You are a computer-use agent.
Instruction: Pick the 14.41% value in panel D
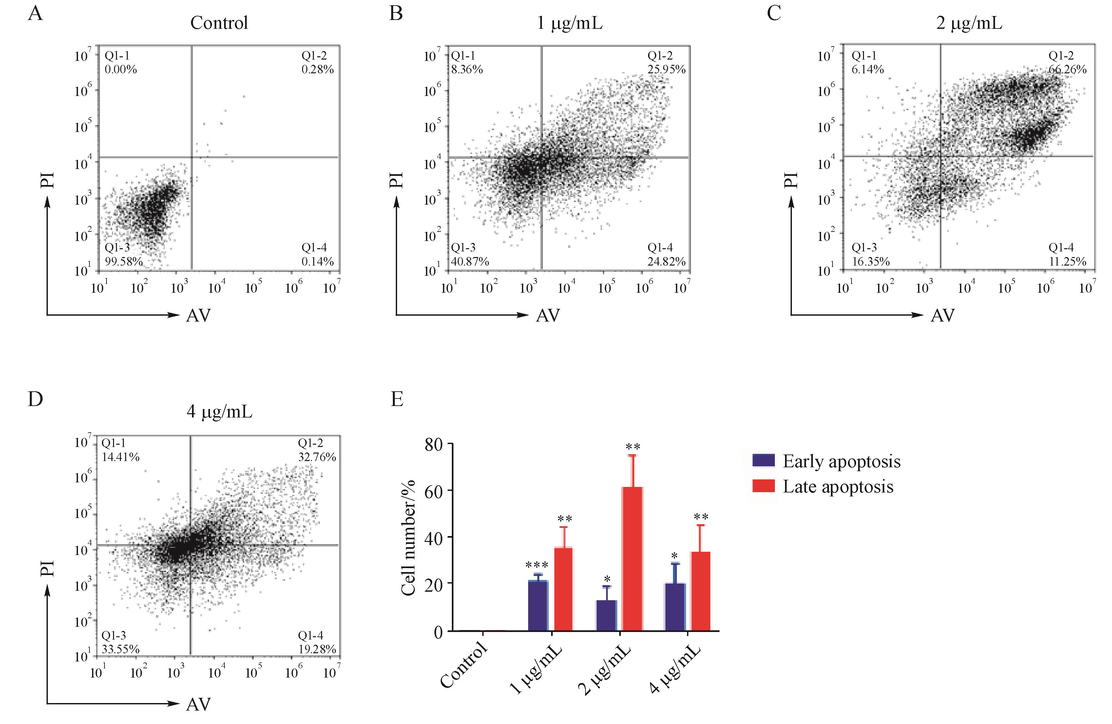[121, 457]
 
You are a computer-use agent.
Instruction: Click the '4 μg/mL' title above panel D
[219, 412]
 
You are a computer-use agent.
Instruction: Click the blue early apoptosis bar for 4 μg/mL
[675, 607]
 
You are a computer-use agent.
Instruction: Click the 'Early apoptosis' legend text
[841, 461]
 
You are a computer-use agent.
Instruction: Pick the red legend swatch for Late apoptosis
[763, 486]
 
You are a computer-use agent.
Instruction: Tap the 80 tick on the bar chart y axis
[433, 444]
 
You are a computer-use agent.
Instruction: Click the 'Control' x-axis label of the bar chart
[464, 665]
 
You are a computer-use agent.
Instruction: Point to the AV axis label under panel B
[547, 316]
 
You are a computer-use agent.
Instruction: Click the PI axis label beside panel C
[791, 180]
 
